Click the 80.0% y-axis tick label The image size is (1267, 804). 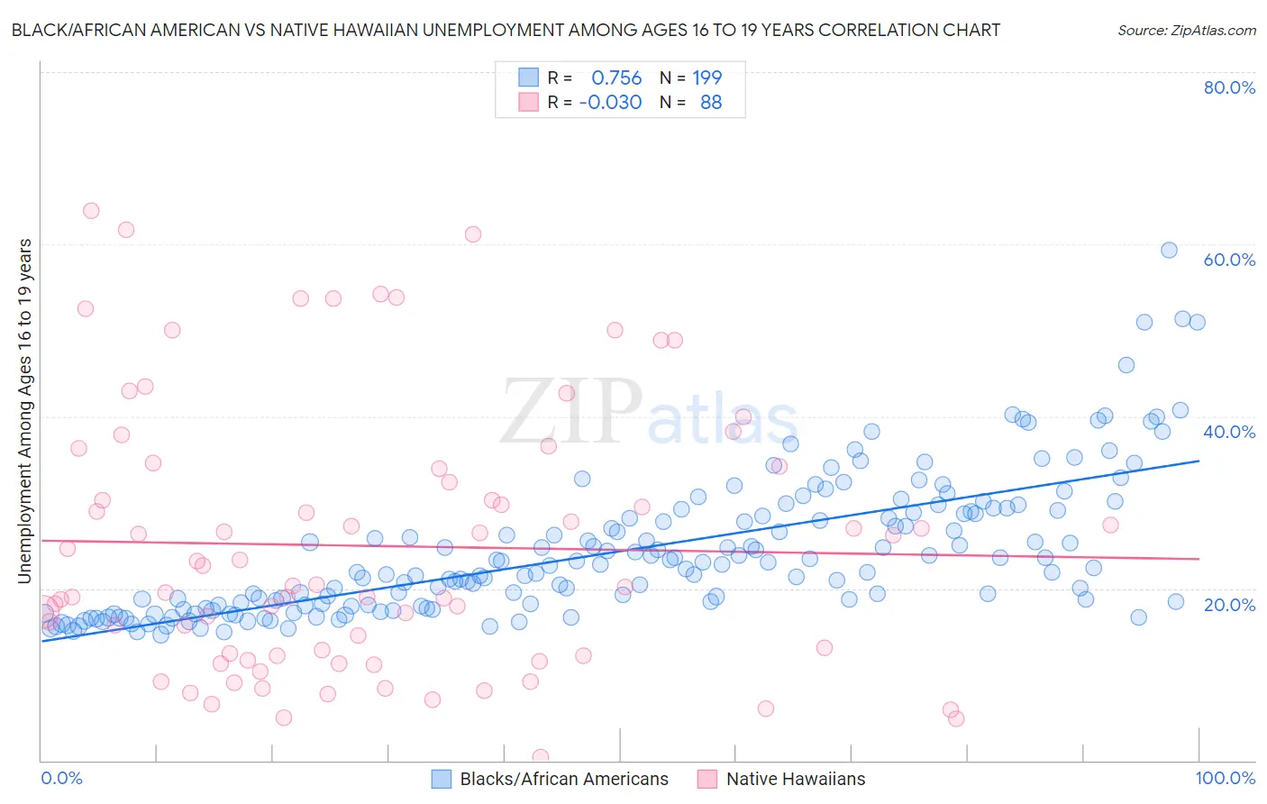(1229, 87)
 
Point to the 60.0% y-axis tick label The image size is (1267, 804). (1229, 260)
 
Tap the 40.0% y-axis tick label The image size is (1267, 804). (1229, 432)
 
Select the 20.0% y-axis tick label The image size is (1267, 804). (1229, 604)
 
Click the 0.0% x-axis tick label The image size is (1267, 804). (61, 778)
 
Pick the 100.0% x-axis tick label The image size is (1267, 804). (1225, 778)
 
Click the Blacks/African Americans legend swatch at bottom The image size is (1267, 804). (441, 779)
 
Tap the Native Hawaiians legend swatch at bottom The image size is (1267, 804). (706, 779)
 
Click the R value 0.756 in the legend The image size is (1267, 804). (616, 78)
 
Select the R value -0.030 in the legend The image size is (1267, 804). (610, 103)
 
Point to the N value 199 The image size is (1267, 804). (707, 78)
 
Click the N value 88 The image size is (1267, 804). (711, 103)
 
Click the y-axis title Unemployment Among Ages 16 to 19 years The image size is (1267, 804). (24, 411)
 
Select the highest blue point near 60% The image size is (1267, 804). (1169, 251)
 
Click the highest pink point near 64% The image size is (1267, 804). (91, 211)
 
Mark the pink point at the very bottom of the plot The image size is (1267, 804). (541, 757)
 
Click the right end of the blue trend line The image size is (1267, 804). (1199, 461)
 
